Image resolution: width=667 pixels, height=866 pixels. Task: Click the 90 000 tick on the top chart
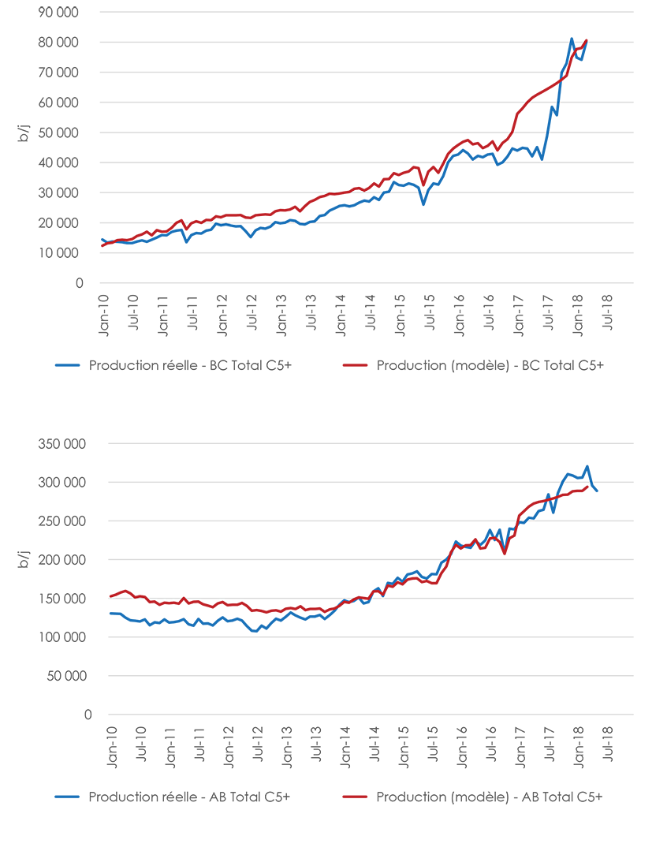coord(60,12)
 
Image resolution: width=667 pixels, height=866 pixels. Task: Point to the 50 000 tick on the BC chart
coord(60,133)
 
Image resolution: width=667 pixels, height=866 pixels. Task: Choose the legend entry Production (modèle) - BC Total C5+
coord(474,365)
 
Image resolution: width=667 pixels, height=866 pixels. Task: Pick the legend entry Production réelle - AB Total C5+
coord(173,797)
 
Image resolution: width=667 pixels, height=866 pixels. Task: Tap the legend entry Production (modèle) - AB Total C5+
coord(474,797)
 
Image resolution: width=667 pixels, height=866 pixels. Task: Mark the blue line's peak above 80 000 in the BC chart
coord(572,39)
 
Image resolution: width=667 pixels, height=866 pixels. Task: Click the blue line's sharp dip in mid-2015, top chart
coord(423,204)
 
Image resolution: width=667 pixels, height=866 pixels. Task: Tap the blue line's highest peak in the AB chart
coord(587,466)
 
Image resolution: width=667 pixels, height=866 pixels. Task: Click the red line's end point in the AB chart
coord(587,486)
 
